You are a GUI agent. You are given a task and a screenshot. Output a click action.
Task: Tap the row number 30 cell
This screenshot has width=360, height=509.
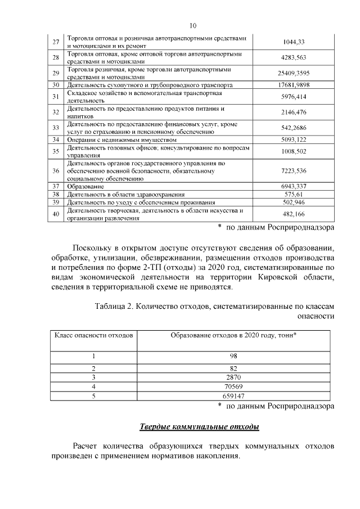[56, 85]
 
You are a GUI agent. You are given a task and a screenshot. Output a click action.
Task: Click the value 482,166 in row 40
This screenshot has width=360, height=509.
[292, 214]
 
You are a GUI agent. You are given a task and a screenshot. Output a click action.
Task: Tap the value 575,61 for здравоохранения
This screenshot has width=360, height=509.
[292, 193]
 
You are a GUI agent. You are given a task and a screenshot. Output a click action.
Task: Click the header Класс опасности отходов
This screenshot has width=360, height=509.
[93, 335]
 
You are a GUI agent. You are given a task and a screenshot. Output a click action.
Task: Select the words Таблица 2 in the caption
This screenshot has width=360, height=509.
[116, 306]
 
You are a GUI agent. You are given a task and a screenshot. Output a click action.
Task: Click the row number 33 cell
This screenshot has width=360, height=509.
[56, 128]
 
